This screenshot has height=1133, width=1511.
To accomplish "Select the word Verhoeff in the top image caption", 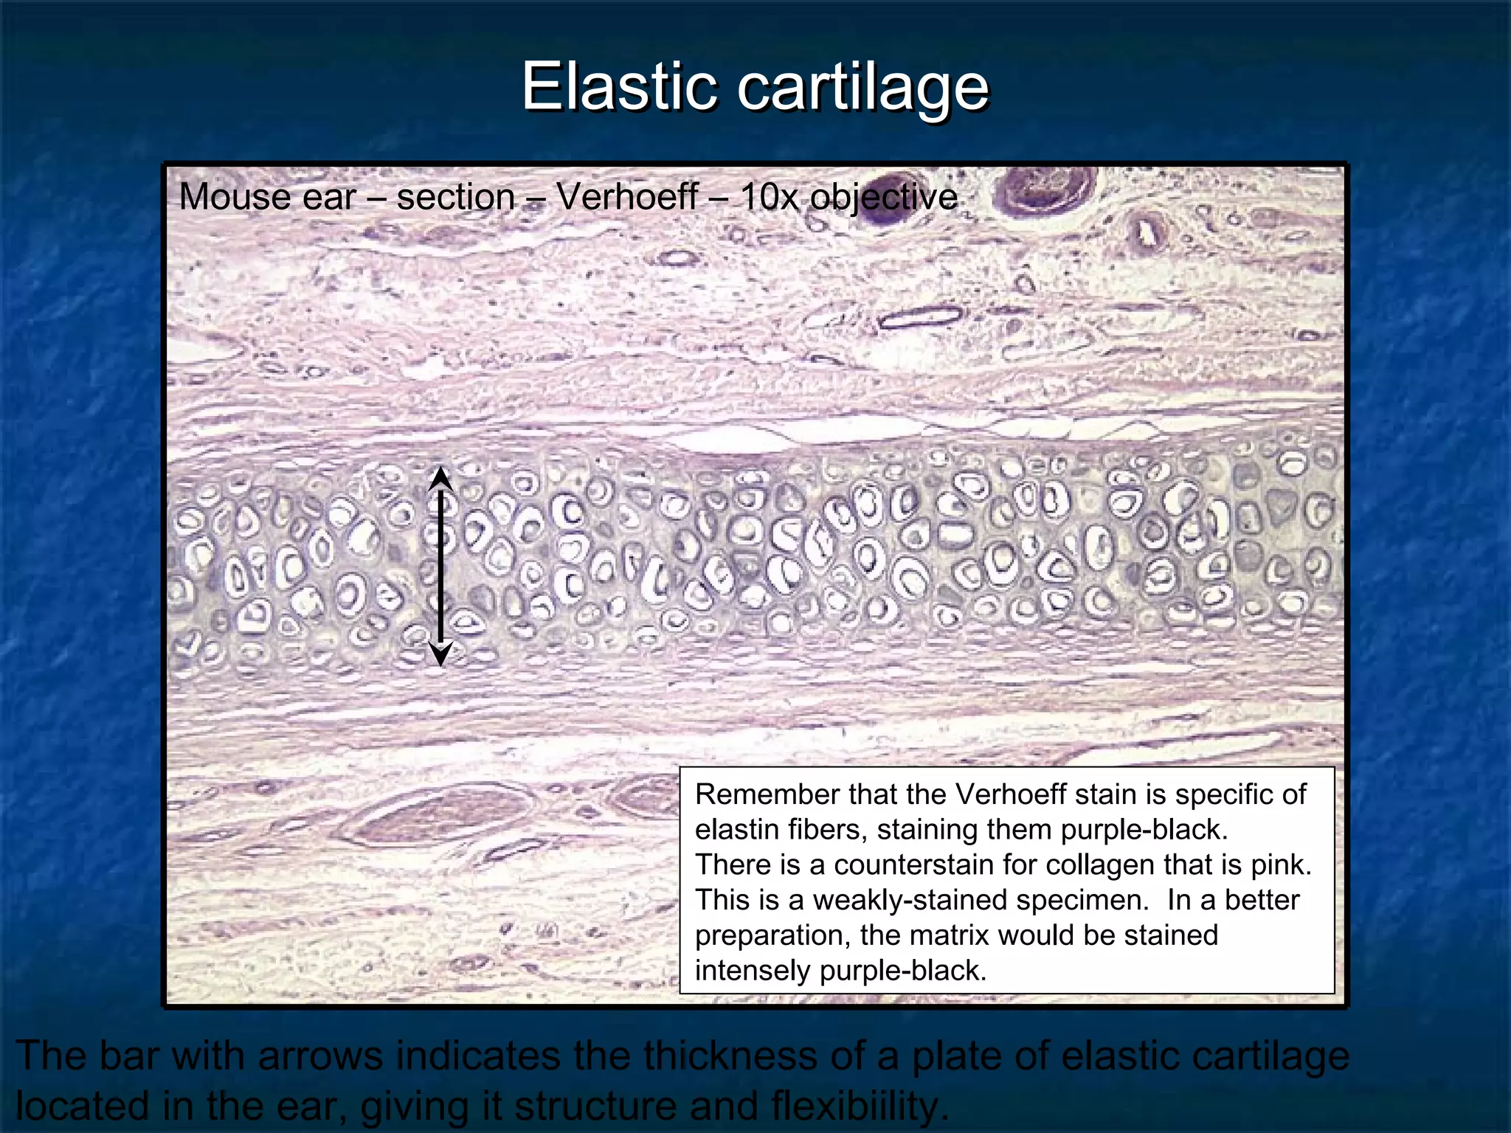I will point(627,197).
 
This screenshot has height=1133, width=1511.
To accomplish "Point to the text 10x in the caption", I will point(769,197).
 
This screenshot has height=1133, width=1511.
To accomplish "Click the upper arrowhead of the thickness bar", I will point(440,477).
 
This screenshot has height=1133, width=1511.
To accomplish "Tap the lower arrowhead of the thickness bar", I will point(440,654).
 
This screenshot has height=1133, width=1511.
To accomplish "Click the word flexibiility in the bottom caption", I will point(856,1106).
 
